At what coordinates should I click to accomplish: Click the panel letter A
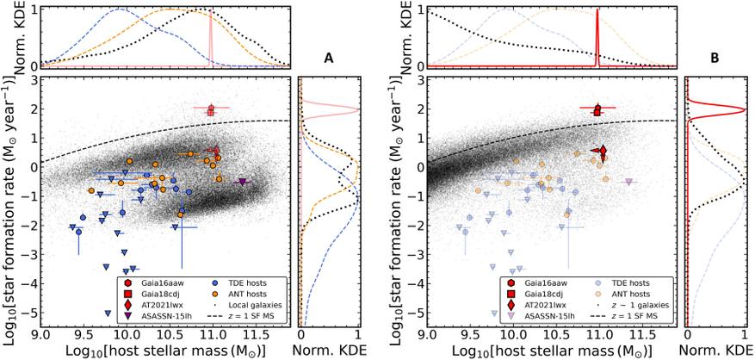coord(329,59)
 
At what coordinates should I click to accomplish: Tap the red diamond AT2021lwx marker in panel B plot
coord(603,152)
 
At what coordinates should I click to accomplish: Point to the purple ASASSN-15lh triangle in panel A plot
coord(242,182)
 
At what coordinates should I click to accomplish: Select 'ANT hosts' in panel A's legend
coord(244,294)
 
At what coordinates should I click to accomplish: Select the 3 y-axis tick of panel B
coord(419,80)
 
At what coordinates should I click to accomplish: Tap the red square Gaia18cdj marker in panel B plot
coord(597,111)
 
